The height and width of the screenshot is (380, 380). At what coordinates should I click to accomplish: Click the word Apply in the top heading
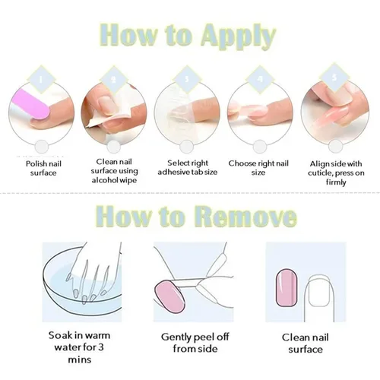(x=238, y=36)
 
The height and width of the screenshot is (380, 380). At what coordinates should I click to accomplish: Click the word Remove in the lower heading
(x=245, y=216)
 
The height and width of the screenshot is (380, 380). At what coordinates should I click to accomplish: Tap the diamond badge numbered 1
(x=41, y=79)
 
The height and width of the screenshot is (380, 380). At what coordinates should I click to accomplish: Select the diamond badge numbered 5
(x=334, y=78)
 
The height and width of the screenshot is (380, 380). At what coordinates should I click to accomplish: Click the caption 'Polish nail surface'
(x=43, y=168)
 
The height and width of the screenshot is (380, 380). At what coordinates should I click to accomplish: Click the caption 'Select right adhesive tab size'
(x=188, y=167)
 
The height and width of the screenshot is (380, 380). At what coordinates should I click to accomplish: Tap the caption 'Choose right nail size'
(x=258, y=168)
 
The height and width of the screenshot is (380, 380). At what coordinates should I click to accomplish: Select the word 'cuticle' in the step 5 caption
(x=320, y=173)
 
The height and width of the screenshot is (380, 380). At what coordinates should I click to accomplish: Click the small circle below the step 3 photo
(x=187, y=147)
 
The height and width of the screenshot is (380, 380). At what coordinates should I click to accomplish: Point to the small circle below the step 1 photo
(x=42, y=147)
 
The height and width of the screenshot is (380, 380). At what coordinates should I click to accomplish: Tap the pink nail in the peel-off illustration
(x=169, y=294)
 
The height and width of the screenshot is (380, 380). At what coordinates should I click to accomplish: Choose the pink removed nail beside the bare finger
(x=287, y=288)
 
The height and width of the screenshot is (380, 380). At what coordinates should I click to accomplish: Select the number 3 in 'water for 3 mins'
(x=100, y=347)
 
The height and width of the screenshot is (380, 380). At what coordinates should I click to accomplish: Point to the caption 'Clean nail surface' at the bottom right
(x=306, y=344)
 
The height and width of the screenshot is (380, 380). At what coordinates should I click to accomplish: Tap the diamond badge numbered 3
(x=187, y=79)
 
